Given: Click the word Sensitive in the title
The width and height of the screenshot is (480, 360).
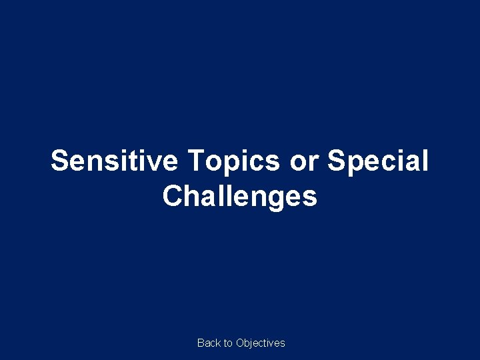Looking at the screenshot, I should coord(115,161).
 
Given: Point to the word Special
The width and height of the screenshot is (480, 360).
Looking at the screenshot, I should coord(379,161).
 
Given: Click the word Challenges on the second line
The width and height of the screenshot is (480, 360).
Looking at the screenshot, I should coord(240,196).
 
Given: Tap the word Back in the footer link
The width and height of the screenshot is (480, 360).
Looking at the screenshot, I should coord(209,343).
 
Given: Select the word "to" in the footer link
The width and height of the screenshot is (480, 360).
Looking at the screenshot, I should coord(228,343).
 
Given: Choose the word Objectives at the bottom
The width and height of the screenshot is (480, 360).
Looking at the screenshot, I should coord(261,343).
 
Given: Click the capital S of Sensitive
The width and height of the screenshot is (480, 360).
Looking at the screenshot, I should coord(60,161).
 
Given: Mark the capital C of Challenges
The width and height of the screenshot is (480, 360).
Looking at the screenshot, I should coord(172,196).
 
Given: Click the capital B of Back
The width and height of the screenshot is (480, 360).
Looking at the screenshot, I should coord(201,343).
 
